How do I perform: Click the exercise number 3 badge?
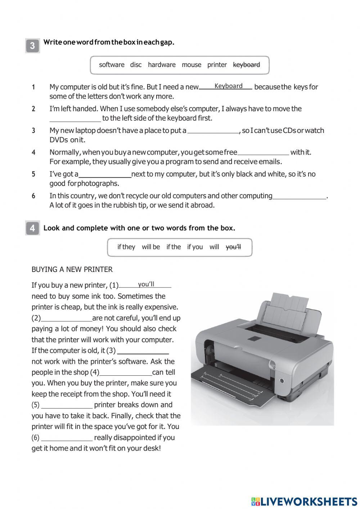coord(32,46)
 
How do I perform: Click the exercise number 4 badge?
coord(32,228)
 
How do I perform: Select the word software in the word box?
coord(112,65)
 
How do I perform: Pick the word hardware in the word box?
coord(162,65)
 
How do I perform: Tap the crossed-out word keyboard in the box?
coord(247,65)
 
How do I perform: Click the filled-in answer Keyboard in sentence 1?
coord(228,86)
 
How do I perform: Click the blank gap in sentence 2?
coord(75,119)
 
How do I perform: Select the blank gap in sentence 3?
coord(213,131)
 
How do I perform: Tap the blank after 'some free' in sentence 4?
coord(264,152)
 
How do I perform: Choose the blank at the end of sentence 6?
coord(299,196)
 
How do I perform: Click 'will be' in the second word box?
coord(151,247)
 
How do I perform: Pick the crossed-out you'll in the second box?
coord(233,247)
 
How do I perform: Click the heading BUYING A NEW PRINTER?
coord(72,269)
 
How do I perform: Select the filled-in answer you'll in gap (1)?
coord(146,284)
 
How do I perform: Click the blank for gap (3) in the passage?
coord(143,351)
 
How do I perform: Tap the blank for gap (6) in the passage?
coord(67,438)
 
